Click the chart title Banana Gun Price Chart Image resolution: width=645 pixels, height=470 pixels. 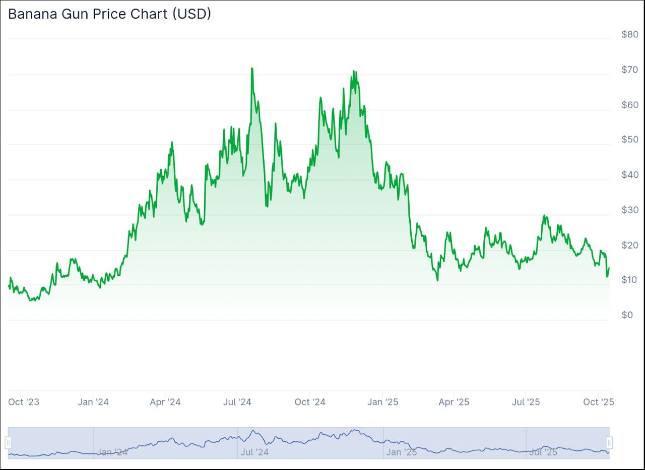(109, 14)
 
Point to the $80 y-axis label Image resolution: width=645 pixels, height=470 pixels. (629, 35)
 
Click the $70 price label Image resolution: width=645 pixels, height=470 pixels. (629, 69)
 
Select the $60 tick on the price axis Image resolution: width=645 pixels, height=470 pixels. (629, 105)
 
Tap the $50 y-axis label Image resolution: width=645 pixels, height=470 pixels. (629, 139)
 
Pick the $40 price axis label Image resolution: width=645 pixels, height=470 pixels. (629, 175)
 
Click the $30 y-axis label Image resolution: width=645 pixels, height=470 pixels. (629, 210)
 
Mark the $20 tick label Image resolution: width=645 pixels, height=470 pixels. (629, 245)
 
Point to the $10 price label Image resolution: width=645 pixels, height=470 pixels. (629, 280)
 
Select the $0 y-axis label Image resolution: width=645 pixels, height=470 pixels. (627, 315)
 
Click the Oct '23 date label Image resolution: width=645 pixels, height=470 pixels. (24, 402)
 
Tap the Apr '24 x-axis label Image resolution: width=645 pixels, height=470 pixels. (165, 402)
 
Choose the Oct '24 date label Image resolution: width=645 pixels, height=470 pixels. (310, 402)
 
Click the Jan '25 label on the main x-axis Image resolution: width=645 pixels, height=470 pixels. (383, 402)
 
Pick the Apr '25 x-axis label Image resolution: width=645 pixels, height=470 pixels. (454, 402)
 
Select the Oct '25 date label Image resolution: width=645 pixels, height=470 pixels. (598, 402)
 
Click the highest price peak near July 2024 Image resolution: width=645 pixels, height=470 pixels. (251, 68)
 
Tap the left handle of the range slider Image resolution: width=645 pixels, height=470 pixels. (8, 443)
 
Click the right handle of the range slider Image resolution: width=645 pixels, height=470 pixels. (609, 443)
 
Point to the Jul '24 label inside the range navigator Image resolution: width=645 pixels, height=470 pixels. (254, 452)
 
